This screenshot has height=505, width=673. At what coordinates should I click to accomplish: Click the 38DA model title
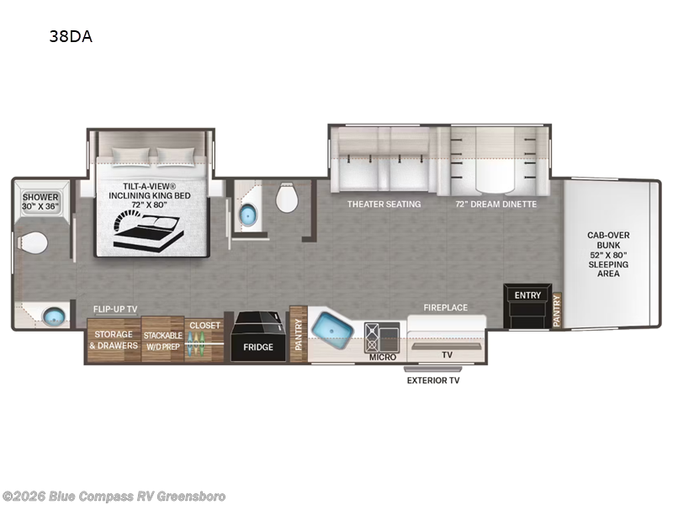(x=71, y=36)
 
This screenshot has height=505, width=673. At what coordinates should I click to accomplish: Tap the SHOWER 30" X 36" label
(x=40, y=202)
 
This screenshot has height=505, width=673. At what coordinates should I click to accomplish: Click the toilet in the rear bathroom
(x=33, y=243)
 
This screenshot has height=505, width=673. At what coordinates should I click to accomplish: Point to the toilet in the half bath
(x=287, y=197)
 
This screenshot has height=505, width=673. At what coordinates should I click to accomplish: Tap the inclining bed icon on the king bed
(x=148, y=231)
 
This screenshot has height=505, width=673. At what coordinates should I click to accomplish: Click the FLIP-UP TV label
(x=115, y=309)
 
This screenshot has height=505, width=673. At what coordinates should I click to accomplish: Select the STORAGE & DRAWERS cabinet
(x=114, y=340)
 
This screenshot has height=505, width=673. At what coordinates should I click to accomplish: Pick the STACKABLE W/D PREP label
(x=162, y=341)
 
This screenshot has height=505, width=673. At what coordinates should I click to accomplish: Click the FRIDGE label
(x=258, y=347)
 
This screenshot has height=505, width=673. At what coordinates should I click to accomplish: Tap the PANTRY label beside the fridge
(x=299, y=334)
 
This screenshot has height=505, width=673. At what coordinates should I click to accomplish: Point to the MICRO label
(x=383, y=357)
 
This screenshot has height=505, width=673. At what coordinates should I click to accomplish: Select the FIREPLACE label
(x=446, y=307)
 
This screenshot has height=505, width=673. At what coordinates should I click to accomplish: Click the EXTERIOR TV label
(x=433, y=380)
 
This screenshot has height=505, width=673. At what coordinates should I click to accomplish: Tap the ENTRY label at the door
(x=527, y=295)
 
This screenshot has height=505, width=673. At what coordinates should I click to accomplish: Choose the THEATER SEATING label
(x=384, y=205)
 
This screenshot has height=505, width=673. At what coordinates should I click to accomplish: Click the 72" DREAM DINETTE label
(x=496, y=205)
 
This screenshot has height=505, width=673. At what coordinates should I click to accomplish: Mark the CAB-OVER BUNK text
(x=608, y=240)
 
